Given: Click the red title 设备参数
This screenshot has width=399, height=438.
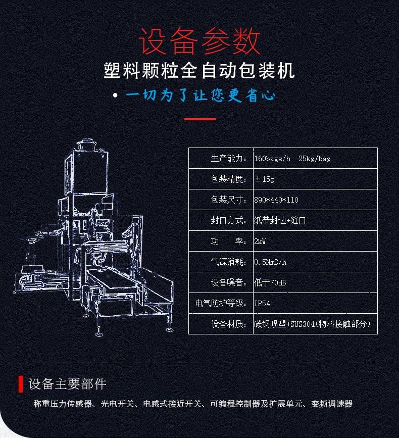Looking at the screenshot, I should [199, 41].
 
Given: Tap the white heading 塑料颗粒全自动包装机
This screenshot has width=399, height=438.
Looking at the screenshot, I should [199, 71].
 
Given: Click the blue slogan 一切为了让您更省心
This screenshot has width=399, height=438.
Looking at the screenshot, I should [201, 96].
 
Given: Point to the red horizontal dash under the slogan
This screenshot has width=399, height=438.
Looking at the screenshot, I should [200, 119].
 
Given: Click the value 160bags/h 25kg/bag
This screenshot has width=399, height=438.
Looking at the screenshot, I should [292, 159].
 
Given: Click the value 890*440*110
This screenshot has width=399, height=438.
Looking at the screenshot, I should [276, 200].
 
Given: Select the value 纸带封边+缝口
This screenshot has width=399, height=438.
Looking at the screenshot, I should [280, 221].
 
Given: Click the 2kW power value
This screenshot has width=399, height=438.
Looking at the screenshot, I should [260, 241].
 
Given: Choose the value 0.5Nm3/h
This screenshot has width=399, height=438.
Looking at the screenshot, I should [271, 262].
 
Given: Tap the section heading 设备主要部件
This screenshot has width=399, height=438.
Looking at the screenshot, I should [68, 384].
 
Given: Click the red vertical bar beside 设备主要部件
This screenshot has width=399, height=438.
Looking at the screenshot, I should [21, 384].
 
